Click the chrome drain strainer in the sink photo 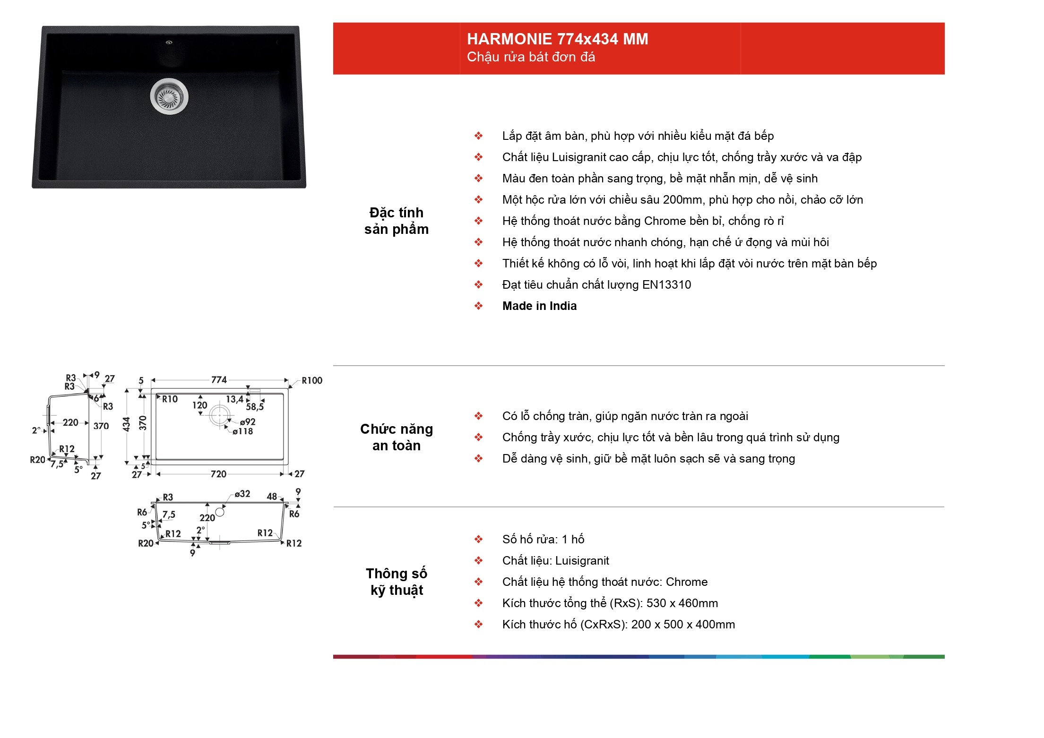[169, 96]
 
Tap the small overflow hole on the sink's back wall [169, 43]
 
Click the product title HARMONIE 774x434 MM [557, 39]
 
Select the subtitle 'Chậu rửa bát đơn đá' [531, 57]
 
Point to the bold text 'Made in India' [539, 306]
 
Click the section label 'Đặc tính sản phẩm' [397, 221]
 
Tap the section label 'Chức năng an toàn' [397, 437]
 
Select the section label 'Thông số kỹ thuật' [397, 582]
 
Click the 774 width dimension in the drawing [219, 380]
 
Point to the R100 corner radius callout [312, 381]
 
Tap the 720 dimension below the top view [218, 474]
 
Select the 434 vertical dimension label [126, 424]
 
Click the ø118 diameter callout [242, 431]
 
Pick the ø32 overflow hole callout [242, 494]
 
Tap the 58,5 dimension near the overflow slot [255, 407]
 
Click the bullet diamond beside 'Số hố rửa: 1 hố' [479, 539]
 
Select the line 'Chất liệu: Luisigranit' [556, 561]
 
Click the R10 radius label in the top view [170, 399]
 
